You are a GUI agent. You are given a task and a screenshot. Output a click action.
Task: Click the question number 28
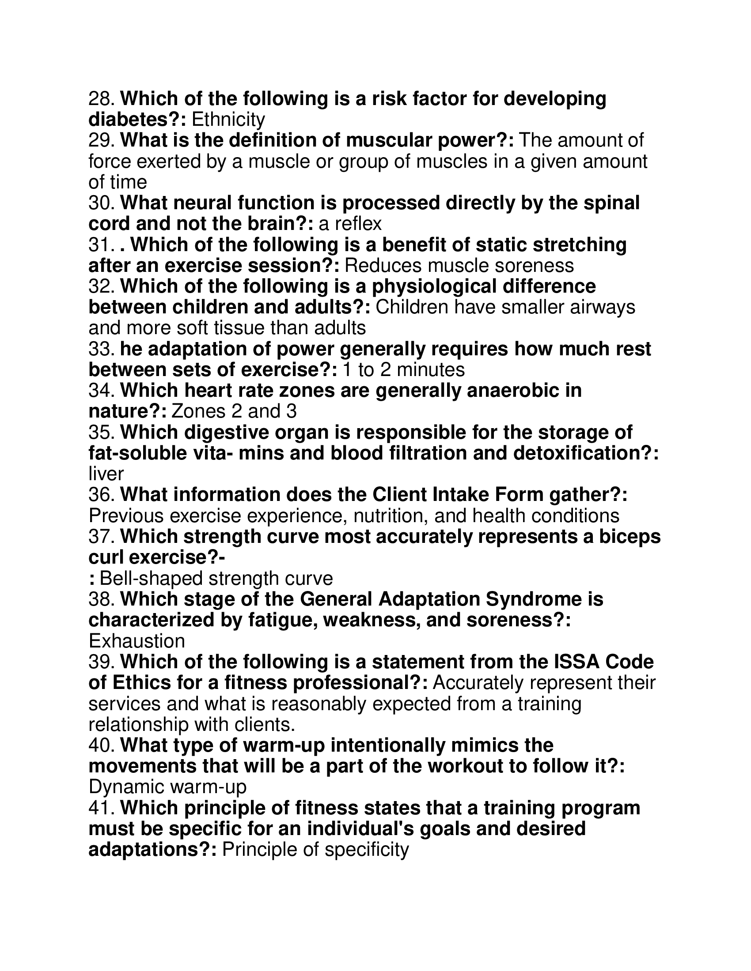click(102, 99)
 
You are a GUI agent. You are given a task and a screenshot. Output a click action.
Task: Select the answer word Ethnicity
click(228, 120)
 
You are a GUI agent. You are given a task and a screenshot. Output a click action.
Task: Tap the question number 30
click(102, 203)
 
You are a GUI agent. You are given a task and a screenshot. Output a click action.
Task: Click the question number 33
click(102, 349)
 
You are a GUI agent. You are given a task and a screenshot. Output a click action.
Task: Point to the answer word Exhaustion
click(137, 641)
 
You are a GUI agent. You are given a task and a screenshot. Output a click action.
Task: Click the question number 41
click(102, 808)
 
